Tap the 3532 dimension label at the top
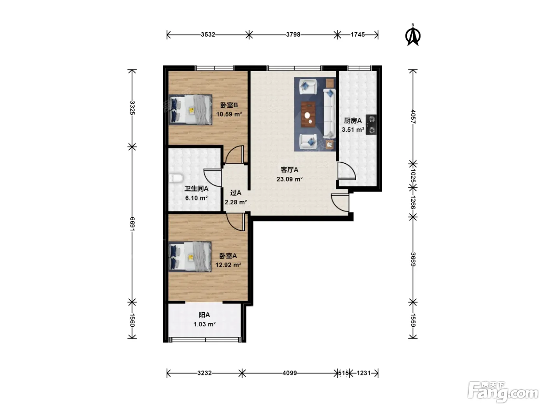208,35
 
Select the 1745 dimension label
357,35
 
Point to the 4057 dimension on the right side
413,117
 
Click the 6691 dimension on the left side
132,224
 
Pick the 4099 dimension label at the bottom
290,373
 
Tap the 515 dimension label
343,373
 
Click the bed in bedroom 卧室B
190,109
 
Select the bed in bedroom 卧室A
190,256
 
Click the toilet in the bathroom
176,178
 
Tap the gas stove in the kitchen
371,125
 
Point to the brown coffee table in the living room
308,115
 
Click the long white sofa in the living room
329,114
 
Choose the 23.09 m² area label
290,179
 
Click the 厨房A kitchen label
353,120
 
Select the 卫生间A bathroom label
196,189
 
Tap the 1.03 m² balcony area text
204,324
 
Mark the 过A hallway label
236,192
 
